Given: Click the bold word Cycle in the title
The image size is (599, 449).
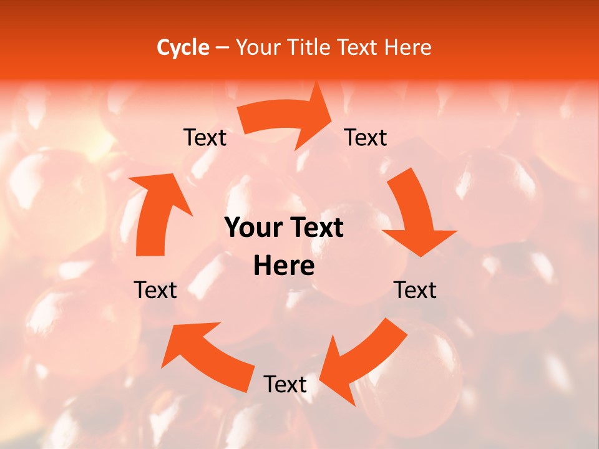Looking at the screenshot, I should tap(183, 47).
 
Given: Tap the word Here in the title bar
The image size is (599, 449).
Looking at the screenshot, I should tap(408, 47).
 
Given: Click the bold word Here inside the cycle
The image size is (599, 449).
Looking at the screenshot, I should tap(284, 266).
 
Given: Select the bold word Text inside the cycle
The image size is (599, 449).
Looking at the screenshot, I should tap(316, 228).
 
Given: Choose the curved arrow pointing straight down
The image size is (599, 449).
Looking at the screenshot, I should tap(415, 215).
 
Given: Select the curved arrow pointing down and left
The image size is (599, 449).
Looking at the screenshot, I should tap(362, 362).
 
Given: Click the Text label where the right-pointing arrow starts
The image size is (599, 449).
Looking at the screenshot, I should tap(205, 137).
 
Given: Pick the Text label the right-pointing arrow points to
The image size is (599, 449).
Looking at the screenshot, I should tap(366, 137).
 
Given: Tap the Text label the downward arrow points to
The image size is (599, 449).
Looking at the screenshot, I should tap(415, 290).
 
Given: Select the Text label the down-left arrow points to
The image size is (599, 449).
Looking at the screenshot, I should tap(285, 384).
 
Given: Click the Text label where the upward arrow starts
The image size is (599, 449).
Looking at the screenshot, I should tap(155, 290).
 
